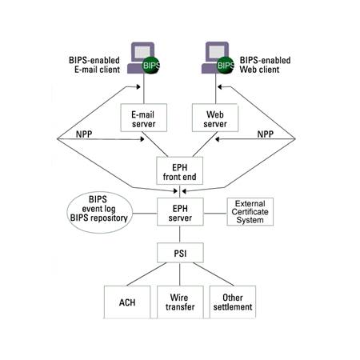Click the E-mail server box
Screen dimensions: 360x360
tap(144, 118)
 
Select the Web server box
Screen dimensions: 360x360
tap(215, 118)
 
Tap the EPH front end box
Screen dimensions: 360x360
tap(179, 170)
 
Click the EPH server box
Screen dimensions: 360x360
tap(180, 212)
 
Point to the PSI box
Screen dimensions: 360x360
tap(180, 253)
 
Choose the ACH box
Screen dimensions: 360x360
tap(127, 302)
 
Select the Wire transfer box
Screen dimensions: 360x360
tap(180, 302)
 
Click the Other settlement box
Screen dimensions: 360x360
tap(233, 302)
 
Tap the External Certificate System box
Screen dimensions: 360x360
tap(250, 212)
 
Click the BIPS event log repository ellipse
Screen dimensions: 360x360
tap(99, 213)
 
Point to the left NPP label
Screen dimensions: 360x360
tap(84, 134)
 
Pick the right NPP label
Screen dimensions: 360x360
tap(266, 134)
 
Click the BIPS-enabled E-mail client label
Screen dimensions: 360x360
tap(94, 65)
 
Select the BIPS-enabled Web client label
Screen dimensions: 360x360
tap(265, 65)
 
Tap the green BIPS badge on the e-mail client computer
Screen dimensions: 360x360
tap(151, 66)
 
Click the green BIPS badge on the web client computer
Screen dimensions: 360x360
tap(226, 66)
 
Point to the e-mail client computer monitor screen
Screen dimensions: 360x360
tap(142, 52)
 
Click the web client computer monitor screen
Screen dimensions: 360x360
tap(217, 52)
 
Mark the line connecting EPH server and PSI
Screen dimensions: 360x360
tap(180, 234)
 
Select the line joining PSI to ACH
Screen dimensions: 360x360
tap(146, 274)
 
